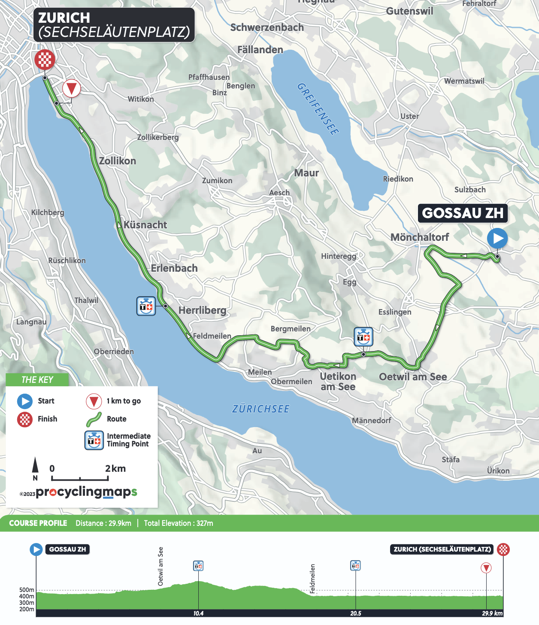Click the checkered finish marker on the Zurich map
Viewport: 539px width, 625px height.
tap(45, 59)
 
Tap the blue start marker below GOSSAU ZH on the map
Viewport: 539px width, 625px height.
tap(497, 238)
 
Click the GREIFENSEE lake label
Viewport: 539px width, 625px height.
tap(318, 109)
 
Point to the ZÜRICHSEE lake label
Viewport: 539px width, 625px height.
tap(261, 409)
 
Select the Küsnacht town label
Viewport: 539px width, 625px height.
tap(145, 225)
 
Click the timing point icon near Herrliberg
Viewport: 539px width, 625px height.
tap(146, 306)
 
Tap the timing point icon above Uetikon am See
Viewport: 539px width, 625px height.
tap(363, 337)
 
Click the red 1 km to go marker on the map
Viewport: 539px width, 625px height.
tap(71, 89)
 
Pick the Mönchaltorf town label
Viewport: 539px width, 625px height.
tap(419, 237)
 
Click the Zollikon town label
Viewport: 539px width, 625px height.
tap(117, 161)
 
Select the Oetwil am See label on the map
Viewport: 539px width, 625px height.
tap(413, 377)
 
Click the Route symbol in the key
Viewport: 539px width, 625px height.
tap(94, 419)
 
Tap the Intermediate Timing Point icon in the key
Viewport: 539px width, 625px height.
tap(94, 440)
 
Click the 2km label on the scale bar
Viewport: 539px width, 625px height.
tap(115, 468)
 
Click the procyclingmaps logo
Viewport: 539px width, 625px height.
tap(86, 492)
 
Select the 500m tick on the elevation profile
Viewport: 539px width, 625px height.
tap(27, 590)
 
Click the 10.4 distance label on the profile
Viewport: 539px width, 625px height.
tap(198, 613)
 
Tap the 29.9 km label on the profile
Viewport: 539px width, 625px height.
tap(492, 613)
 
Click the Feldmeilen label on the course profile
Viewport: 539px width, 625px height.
tap(312, 578)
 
